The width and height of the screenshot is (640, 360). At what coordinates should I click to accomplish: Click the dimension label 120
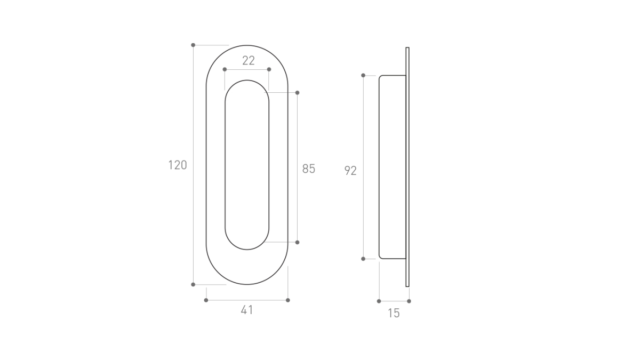178,165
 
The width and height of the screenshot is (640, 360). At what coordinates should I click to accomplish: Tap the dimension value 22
249,61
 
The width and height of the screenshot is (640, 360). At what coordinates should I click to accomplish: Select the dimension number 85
309,169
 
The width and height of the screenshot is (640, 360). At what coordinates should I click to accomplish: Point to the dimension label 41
247,310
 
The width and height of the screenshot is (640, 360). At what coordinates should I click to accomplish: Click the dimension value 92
350,171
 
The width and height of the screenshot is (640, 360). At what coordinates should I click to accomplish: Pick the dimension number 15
394,313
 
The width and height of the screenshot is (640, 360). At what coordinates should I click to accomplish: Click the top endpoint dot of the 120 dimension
193,45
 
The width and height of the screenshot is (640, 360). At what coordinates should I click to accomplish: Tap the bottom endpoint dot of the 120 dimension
193,285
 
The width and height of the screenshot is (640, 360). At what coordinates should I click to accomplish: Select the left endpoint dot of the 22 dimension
225,69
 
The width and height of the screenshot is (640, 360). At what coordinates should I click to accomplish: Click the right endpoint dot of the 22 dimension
269,69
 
